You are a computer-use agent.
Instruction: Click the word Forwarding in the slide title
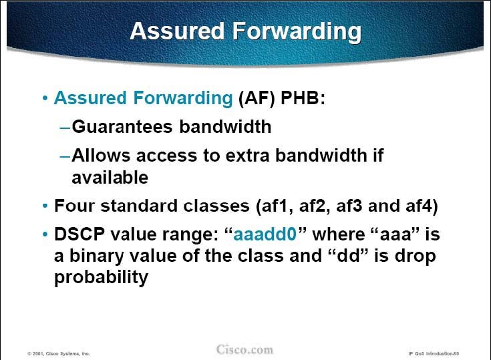coord(297,31)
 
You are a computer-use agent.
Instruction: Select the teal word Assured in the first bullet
coord(90,98)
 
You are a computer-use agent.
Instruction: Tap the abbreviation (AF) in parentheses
coord(257,98)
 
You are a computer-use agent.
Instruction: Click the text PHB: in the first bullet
coord(303,98)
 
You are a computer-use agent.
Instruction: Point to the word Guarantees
coord(122,126)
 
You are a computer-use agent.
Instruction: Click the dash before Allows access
coord(65,156)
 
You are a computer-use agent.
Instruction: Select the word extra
coord(247,156)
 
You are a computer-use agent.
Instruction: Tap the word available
coord(110,178)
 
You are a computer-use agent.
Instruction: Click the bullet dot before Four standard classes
coord(45,206)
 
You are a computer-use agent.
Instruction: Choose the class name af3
coord(349,206)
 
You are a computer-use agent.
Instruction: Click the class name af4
coord(418,206)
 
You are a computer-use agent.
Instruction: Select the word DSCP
coord(79,234)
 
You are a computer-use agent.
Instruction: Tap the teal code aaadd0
coord(265,234)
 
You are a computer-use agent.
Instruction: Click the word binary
coord(96,256)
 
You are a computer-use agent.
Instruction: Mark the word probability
coord(101,278)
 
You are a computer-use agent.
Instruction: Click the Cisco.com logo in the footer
coord(244,349)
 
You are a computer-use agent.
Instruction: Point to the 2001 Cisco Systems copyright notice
coord(59,354)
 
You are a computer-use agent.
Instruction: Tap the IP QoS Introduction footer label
coord(434,354)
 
